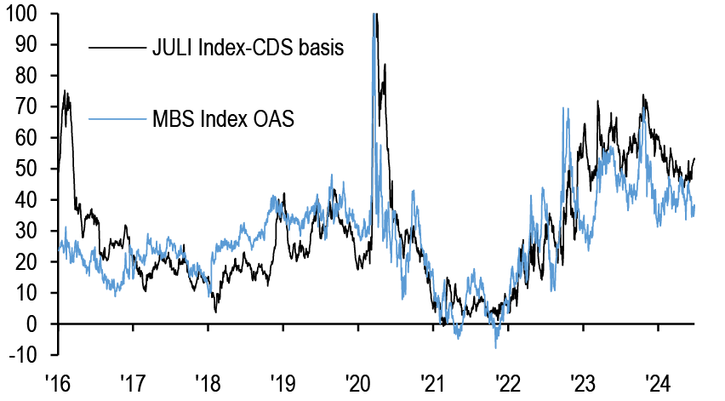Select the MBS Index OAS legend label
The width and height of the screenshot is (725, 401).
click(x=223, y=118)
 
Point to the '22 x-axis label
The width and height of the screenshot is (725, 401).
click(x=507, y=381)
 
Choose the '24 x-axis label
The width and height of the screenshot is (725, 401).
click(x=658, y=381)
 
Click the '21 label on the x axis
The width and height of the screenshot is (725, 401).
click(x=431, y=381)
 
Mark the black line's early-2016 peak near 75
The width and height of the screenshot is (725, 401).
click(x=65, y=91)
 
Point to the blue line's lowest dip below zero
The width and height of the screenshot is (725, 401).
click(x=495, y=347)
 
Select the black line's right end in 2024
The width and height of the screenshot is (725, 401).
click(x=695, y=158)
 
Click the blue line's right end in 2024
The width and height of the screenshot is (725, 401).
click(x=695, y=205)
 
